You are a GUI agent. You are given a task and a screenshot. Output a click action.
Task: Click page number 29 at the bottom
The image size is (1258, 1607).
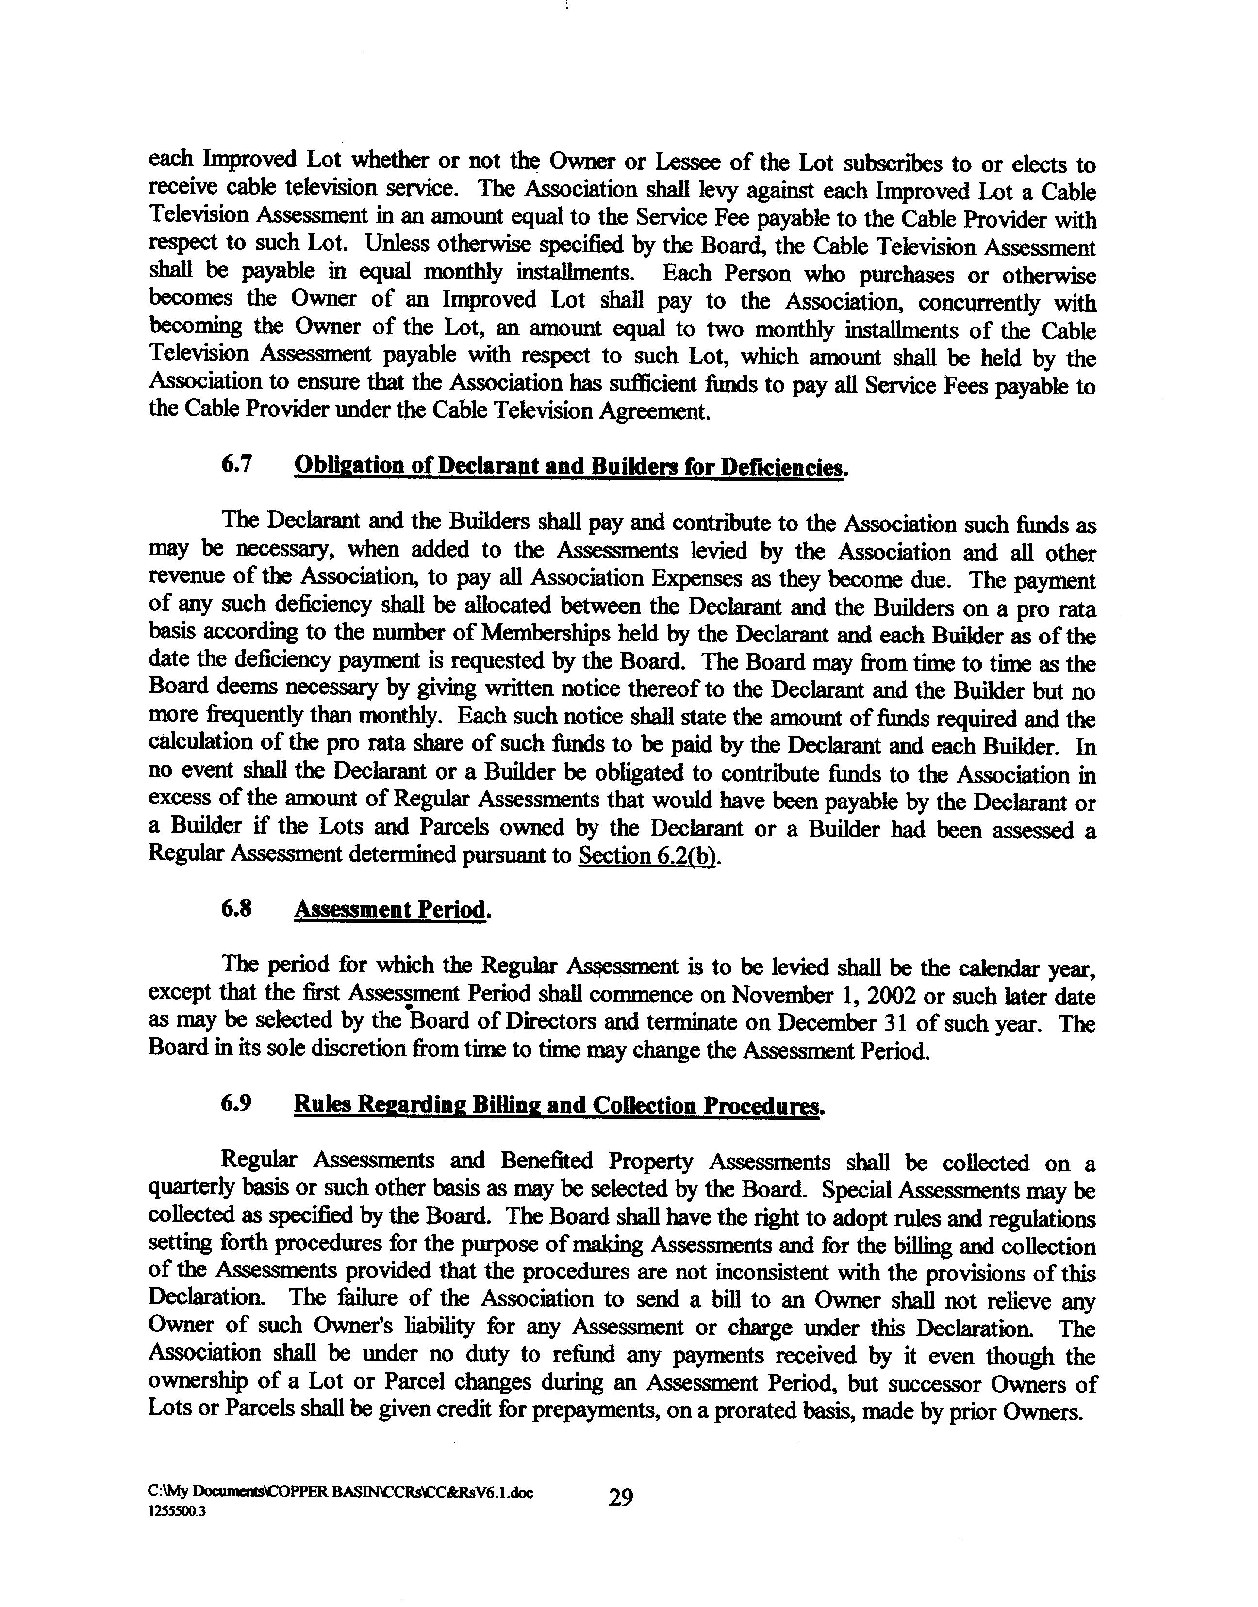click(x=621, y=1497)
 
